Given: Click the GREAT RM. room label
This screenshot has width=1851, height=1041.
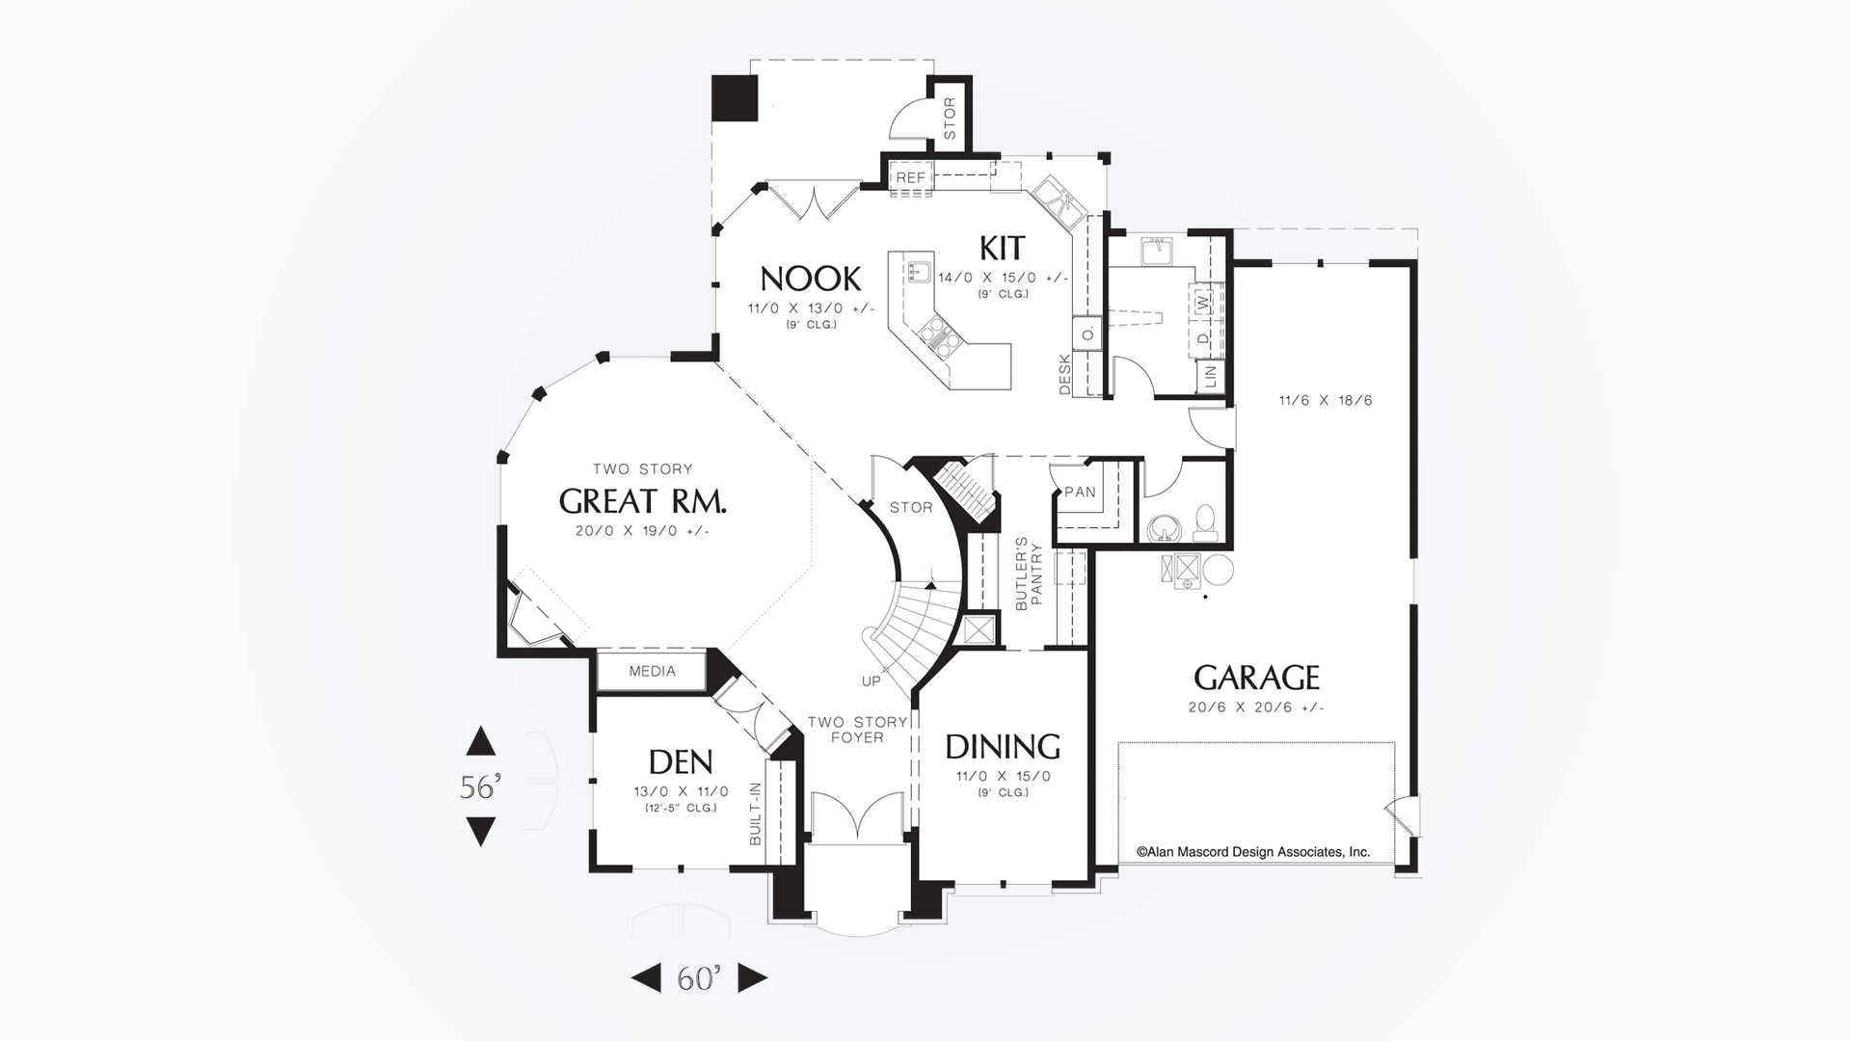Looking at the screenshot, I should pos(642,501).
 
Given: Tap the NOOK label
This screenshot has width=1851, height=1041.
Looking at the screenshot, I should pos(810,279).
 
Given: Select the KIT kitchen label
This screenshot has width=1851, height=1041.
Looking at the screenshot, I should pos(1002,248).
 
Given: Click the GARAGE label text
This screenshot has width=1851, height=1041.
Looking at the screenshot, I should pos(1256,678).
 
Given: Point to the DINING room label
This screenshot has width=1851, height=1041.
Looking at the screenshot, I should pos(1002,747).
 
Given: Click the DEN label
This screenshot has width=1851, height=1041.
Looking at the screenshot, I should pos(681,762).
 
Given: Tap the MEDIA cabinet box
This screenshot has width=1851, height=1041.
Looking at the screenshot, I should pos(653,671).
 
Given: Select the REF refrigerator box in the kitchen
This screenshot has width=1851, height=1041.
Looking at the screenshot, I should pos(911,177).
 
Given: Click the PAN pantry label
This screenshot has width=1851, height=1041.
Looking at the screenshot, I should pos(1080,492).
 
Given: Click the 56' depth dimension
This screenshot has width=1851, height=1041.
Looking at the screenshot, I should pos(479,787).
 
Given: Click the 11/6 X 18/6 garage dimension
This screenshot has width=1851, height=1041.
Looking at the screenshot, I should pos(1325,400).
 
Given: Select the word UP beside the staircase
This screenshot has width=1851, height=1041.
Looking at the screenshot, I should pos(871,681).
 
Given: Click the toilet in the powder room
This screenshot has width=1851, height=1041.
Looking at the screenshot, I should pos(1204,520).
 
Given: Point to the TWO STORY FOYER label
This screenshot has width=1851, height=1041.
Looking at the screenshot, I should pos(857,730).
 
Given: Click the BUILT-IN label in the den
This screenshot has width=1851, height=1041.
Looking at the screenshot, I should pos(756,814).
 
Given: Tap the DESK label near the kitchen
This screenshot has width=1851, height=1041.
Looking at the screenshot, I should pos(1064,374).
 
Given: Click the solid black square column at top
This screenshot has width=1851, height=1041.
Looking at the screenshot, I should pos(735,98).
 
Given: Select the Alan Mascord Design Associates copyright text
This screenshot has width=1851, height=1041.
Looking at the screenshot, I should pos(1253,852).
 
